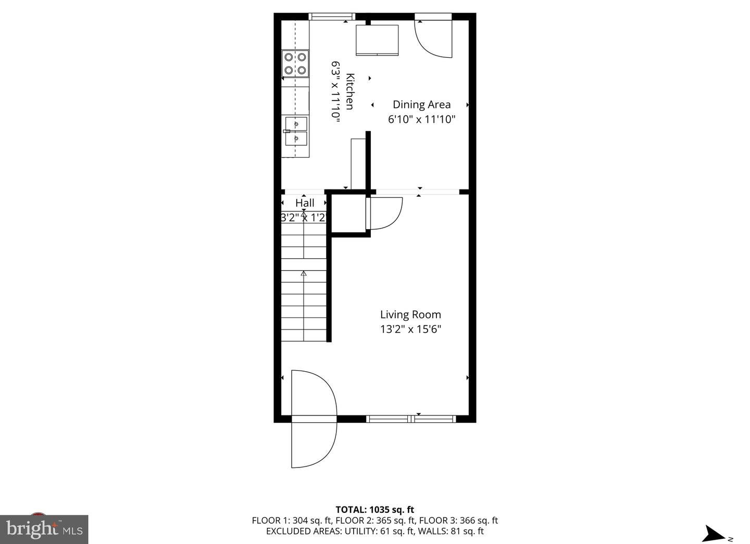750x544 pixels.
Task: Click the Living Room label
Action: [x=410, y=314]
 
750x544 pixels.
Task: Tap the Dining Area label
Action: [x=421, y=105]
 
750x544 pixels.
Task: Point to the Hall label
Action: [x=305, y=203]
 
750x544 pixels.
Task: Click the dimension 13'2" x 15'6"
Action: [x=410, y=329]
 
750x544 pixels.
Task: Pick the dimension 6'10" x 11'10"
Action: [x=421, y=119]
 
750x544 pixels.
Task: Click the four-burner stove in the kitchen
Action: [x=295, y=64]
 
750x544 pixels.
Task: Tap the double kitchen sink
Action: [x=296, y=131]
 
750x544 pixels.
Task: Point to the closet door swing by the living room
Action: [x=385, y=213]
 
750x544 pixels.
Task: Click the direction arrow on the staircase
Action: [x=304, y=273]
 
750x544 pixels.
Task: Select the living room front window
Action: [x=411, y=419]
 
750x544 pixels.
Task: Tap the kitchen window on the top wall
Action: [x=332, y=17]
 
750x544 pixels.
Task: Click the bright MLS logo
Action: [x=44, y=529]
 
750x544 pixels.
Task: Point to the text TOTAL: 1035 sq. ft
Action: [x=374, y=510]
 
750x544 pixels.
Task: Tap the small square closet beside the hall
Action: [x=348, y=214]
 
